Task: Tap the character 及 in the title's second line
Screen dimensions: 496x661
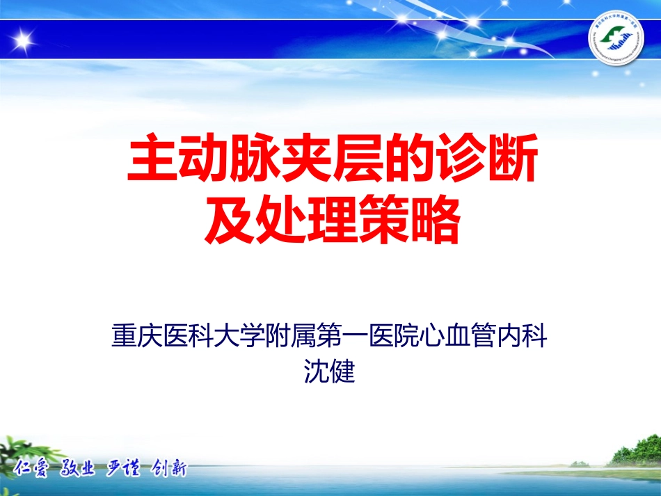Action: [228, 221]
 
